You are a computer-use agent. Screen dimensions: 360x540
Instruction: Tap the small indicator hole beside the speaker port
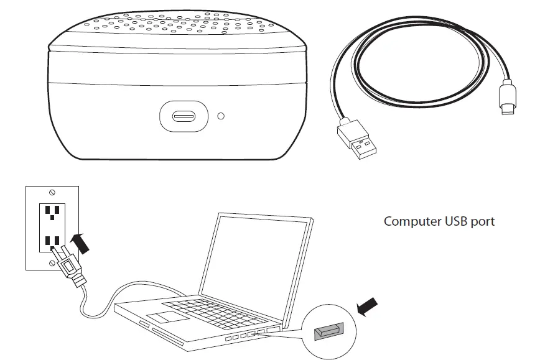click(220, 116)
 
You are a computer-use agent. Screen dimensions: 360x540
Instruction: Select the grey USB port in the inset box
click(327, 332)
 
